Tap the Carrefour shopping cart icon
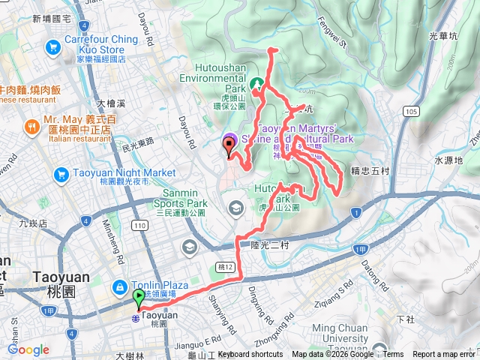(53, 48)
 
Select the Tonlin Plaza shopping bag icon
(118, 286)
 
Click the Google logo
(28, 349)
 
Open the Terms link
(392, 355)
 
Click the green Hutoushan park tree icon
(256, 84)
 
